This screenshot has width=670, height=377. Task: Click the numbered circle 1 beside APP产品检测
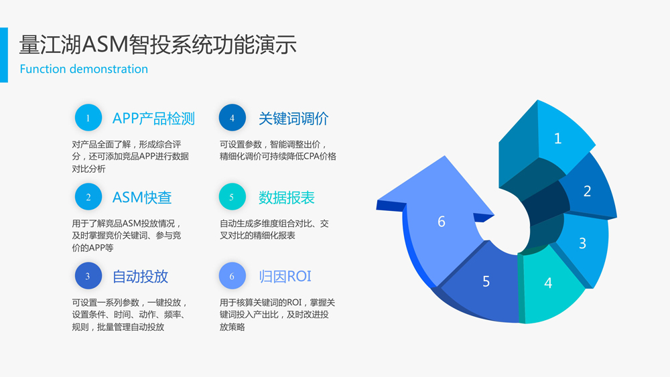tap(88, 117)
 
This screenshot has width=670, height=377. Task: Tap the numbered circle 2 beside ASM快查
tap(88, 197)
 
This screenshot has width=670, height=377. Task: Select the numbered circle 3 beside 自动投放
tap(88, 276)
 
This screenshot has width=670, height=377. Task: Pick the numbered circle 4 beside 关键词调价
tap(232, 117)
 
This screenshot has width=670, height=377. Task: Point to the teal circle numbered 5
tap(232, 197)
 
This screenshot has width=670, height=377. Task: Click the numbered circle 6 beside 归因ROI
tap(232, 276)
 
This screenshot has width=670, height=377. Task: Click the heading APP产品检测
tap(153, 119)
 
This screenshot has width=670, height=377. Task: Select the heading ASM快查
tap(142, 198)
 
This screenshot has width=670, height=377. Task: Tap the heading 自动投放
tap(140, 277)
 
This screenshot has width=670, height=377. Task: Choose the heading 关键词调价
tap(293, 119)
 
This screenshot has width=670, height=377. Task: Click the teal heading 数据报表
tap(287, 198)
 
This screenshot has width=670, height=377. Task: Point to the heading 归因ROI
tap(285, 277)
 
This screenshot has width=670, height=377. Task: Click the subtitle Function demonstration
tap(84, 69)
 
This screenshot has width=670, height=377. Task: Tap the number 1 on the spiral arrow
tap(557, 139)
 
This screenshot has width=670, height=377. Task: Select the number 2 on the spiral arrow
tap(587, 191)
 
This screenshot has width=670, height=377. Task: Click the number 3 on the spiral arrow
tap(582, 243)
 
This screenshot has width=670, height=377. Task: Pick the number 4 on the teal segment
tap(548, 283)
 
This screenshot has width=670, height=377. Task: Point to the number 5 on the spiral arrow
tap(486, 281)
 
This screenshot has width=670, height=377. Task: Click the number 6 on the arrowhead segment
tap(442, 221)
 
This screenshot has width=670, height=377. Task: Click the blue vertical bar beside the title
tap(4, 55)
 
